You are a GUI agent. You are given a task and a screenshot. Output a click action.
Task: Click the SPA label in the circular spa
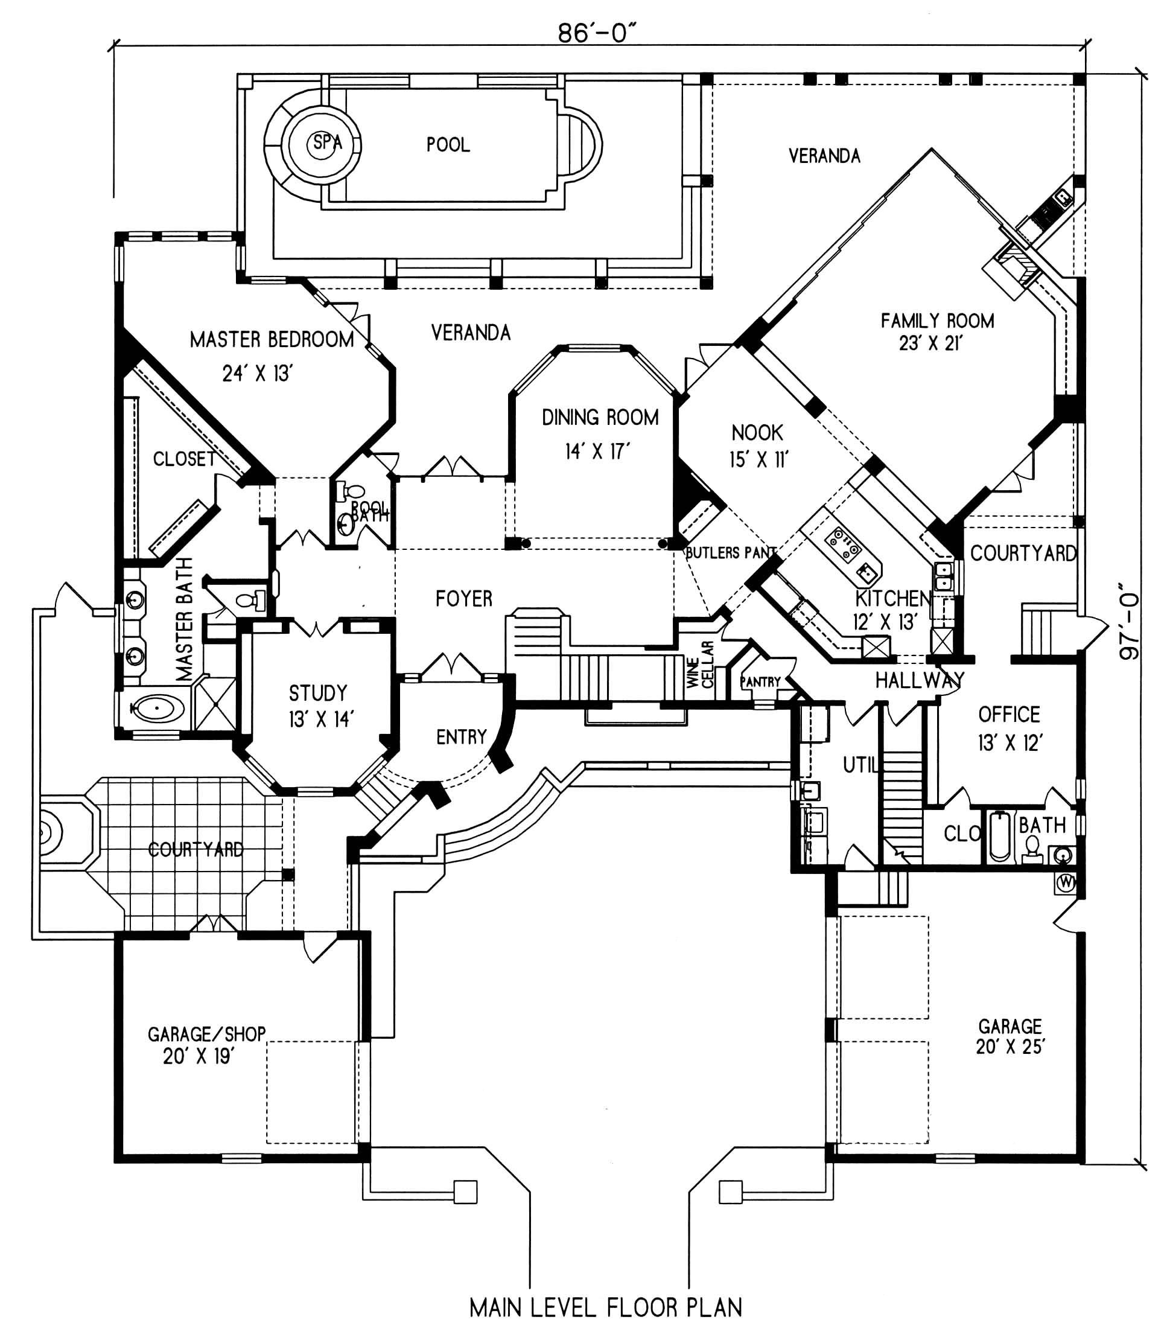coord(327,142)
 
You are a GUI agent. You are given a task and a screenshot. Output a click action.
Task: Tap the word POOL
coord(448,145)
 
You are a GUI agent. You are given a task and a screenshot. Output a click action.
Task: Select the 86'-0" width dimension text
coord(597,33)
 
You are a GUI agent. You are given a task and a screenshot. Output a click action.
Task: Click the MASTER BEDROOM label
coord(272,339)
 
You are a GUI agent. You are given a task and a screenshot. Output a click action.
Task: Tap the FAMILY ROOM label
coord(937,321)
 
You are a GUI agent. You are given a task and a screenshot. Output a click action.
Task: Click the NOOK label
coord(757,432)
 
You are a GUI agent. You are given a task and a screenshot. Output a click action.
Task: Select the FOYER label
coord(463,599)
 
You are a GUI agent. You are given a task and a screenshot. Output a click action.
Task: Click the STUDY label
coord(318,692)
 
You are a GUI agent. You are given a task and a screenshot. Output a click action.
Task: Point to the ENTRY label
coord(462,736)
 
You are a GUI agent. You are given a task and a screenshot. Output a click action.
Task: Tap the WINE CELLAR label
coord(700,665)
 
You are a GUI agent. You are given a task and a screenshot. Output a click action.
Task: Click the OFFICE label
coord(1009,715)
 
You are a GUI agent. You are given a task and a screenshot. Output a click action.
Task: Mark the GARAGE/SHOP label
coord(206,1033)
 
